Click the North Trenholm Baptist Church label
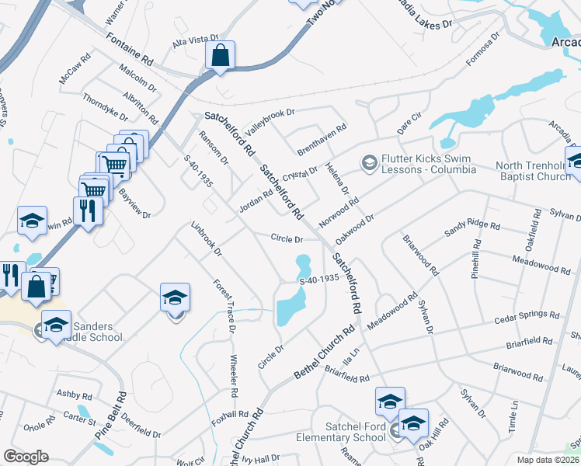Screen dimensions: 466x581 click(532, 171)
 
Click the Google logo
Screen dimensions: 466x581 click(26, 457)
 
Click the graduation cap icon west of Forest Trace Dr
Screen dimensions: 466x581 click(175, 297)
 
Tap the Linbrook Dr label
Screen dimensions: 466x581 click(207, 239)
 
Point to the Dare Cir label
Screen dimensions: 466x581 click(409, 120)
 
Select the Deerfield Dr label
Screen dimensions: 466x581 click(140, 430)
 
